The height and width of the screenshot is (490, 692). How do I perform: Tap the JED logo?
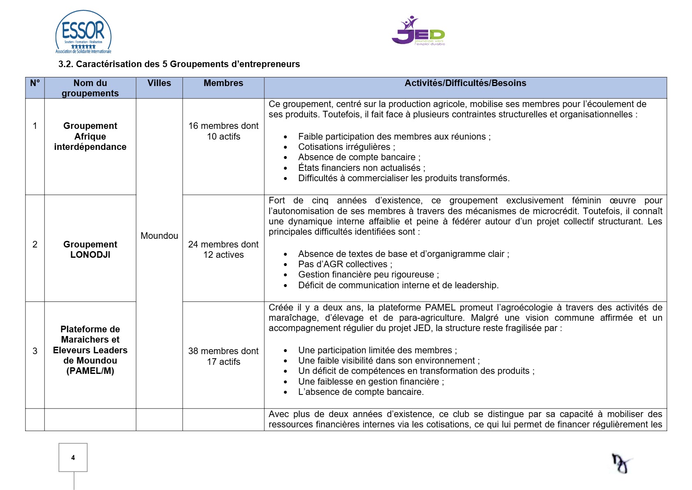418,31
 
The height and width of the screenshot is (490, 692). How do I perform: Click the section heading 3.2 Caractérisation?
179,64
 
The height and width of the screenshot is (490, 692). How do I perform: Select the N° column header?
35,83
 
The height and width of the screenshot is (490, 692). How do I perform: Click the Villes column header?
159,83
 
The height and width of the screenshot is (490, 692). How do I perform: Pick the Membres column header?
223,83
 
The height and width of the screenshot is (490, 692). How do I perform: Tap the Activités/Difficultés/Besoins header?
465,83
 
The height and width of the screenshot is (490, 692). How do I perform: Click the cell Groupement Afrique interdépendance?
90,136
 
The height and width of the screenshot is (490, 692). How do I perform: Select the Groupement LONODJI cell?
90,250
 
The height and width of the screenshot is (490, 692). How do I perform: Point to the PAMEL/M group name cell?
90,350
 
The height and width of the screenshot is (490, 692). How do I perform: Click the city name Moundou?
159,236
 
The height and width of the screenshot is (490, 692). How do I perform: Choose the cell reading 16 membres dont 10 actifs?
223,131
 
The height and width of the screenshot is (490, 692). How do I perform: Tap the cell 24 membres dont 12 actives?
223,250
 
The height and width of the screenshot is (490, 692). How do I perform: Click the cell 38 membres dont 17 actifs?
223,356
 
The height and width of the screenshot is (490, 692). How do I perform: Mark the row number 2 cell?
35,245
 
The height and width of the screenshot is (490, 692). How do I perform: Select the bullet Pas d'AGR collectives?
345,264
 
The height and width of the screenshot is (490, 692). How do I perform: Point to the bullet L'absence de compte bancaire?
361,392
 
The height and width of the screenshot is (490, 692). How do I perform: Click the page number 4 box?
73,457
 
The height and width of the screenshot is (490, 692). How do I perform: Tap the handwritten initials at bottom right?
621,464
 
